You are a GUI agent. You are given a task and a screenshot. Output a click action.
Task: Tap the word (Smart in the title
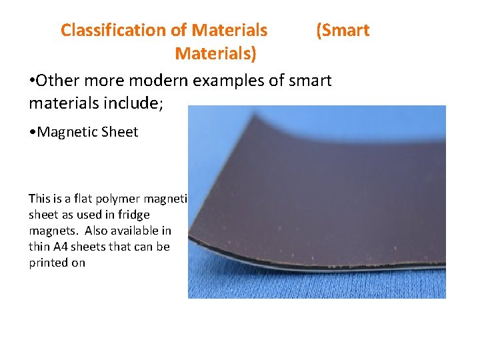343,30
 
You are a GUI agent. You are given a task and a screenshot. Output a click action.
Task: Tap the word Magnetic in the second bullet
68,131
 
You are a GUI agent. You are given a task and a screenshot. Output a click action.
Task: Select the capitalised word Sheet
120,131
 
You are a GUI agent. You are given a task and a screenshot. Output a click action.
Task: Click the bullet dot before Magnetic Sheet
33,131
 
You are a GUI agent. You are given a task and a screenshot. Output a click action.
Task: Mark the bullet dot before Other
32,81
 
